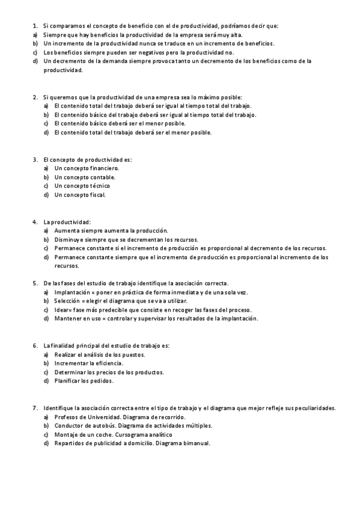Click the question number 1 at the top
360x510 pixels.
(34, 25)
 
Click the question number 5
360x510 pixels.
(34, 283)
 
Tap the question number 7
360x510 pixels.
(34, 408)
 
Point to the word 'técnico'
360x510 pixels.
(98, 186)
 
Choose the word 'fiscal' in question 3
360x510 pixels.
(94, 195)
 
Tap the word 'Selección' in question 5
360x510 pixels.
(68, 301)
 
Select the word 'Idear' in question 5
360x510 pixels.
(61, 310)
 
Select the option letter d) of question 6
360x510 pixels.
(46, 381)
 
